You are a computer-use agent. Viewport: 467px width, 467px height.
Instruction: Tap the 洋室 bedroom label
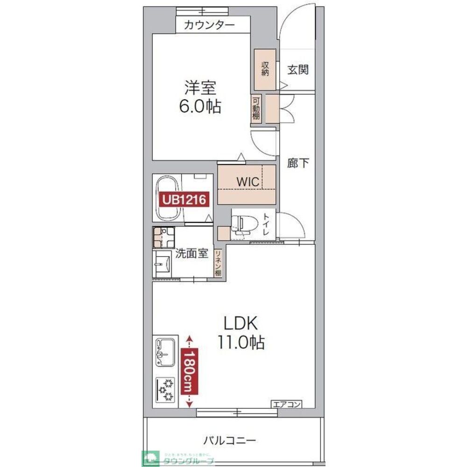pyautogui.click(x=199, y=88)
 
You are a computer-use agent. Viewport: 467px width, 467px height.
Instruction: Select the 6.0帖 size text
pyautogui.click(x=199, y=107)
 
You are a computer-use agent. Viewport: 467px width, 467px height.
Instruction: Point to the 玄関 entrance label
pyautogui.click(x=297, y=70)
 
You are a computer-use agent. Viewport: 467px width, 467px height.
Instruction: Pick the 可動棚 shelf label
pyautogui.click(x=256, y=108)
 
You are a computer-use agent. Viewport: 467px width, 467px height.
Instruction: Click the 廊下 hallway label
pyautogui.click(x=298, y=163)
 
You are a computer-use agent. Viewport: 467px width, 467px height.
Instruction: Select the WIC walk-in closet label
pyautogui.click(x=247, y=182)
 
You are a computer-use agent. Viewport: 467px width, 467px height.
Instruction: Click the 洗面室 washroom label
pyautogui.click(x=191, y=254)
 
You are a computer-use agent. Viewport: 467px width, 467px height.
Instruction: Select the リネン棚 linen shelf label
pyautogui.click(x=218, y=263)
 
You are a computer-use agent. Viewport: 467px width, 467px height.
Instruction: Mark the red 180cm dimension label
pyautogui.click(x=190, y=371)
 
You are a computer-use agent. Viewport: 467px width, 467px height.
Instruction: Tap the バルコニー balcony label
pyautogui.click(x=229, y=439)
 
